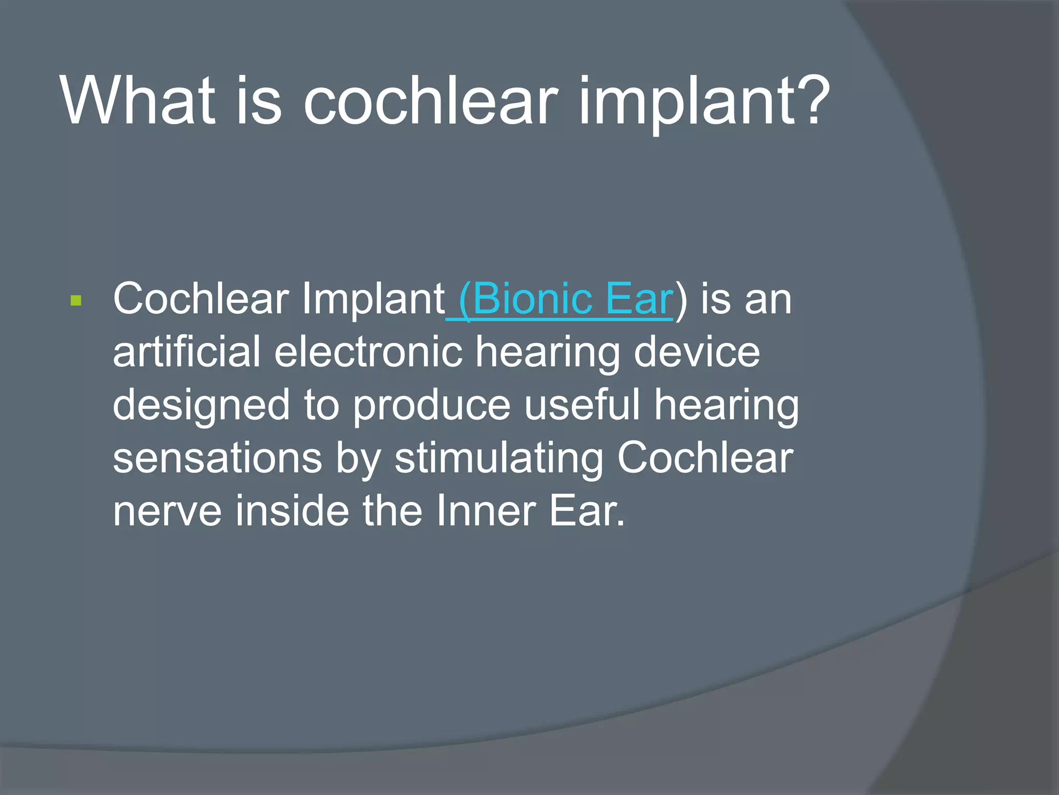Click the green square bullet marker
76,301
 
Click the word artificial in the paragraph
186,352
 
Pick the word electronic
368,352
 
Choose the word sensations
217,458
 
